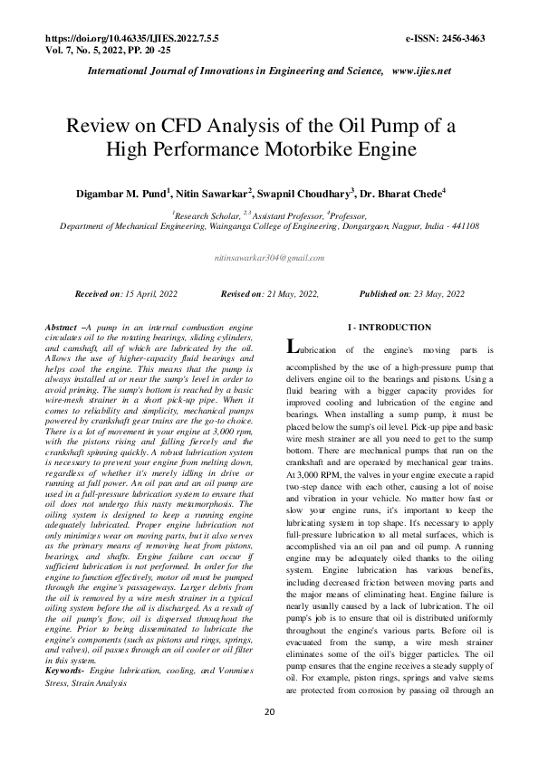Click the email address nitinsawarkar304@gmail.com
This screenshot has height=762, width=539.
(x=269, y=258)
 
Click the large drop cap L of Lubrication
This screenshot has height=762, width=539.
(x=292, y=347)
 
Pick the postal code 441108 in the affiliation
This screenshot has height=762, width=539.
(x=463, y=227)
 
